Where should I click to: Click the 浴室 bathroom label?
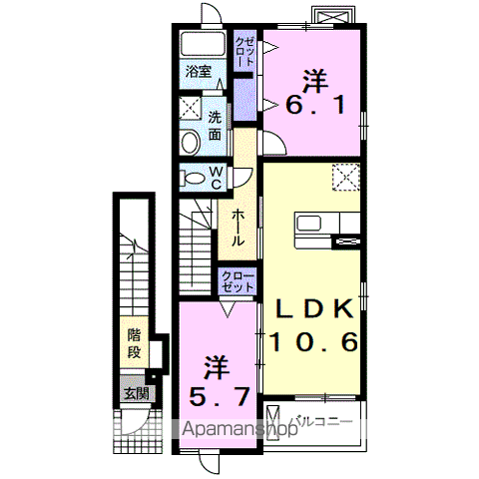[199, 71]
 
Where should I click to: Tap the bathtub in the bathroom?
[203, 44]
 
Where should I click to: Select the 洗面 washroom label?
[215, 126]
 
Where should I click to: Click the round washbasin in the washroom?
[191, 143]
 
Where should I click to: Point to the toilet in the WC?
[193, 178]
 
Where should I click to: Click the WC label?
[217, 178]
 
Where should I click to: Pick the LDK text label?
[314, 309]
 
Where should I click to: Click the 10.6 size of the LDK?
[313, 342]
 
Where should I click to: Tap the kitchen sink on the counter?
[309, 223]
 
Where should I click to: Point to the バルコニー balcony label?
[321, 422]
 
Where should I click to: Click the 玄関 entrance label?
[136, 394]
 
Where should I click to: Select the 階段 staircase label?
[135, 344]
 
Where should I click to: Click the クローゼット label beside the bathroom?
[244, 51]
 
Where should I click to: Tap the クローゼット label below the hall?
[238, 281]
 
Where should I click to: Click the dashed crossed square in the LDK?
[346, 178]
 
